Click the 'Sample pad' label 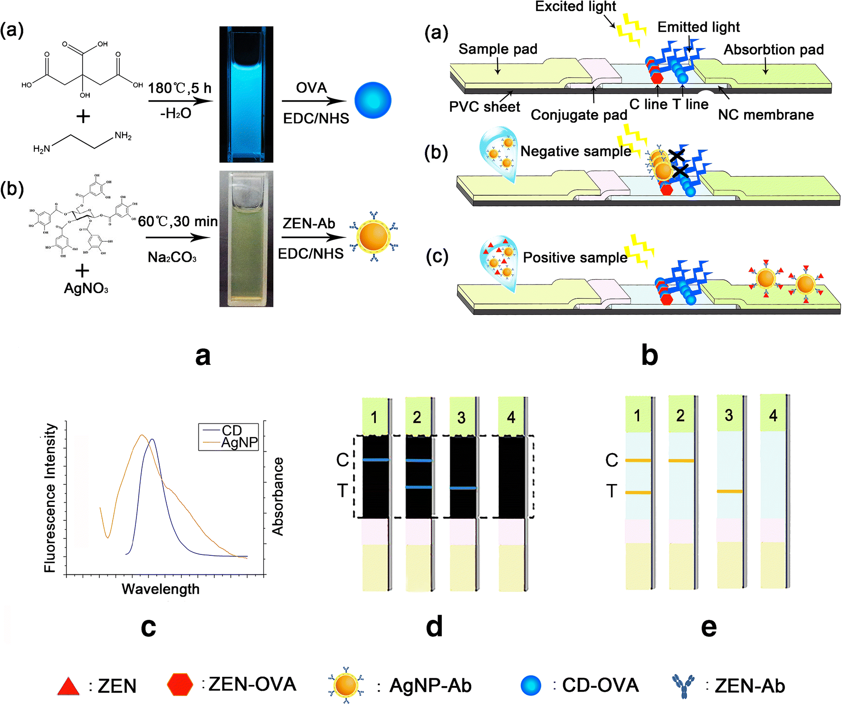498,49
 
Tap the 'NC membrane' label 765,114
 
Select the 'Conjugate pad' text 579,115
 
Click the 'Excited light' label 575,6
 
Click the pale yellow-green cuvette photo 246,238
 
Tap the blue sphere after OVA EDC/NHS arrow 373,100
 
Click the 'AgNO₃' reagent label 86,288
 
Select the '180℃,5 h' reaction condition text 180,88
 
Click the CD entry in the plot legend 231,430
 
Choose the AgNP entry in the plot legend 239,443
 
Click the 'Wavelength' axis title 161,589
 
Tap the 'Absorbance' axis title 277,496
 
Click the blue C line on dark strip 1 375,460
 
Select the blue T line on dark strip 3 463,488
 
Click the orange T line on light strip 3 729,491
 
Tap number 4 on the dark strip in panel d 511,417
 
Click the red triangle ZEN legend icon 68,686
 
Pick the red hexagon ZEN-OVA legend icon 180,685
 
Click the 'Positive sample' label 575,257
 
